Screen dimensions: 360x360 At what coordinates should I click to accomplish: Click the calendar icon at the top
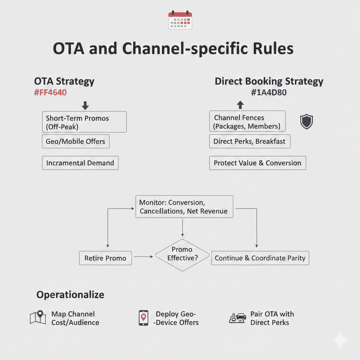[180, 20]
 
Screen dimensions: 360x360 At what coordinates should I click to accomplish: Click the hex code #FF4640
[50, 93]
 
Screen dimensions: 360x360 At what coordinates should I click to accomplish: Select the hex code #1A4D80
[269, 93]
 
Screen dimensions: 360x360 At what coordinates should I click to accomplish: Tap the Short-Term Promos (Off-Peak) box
[84, 122]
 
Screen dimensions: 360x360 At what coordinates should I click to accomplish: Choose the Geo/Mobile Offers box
[75, 141]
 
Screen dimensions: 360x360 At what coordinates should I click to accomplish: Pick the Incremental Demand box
[80, 163]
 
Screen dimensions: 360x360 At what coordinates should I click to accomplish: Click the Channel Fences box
[247, 122]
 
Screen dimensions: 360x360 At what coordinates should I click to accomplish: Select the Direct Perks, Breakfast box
[250, 141]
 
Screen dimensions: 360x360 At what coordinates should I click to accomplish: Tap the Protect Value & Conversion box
[257, 163]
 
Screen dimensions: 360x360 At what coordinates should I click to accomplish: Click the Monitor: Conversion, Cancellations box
[184, 207]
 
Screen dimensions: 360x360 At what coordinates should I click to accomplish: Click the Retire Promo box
[105, 258]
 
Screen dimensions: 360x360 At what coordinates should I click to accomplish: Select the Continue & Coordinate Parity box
[260, 258]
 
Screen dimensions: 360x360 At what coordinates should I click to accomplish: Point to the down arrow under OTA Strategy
[85, 105]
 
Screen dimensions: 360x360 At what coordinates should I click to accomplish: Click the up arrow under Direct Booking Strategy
[240, 105]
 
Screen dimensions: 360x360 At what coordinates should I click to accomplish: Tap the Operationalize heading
[70, 295]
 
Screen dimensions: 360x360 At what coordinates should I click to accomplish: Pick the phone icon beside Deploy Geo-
[143, 318]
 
